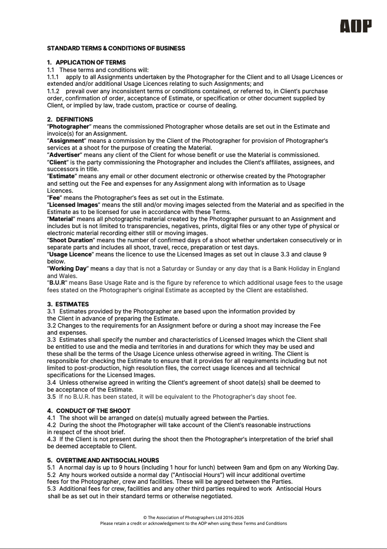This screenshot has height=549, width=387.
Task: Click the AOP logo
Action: pos(356,26)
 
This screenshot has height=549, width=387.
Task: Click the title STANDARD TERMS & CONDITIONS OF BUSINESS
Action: pos(116,48)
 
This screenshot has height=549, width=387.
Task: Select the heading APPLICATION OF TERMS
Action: pos(91,63)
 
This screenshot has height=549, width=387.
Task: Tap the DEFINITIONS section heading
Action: pos(74,119)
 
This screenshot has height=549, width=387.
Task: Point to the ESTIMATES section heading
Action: pos(72,304)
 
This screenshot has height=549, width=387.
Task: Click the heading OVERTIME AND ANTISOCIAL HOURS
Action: pos(107,460)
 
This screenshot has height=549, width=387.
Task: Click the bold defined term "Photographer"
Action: pos(69,127)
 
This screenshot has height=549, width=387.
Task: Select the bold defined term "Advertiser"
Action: pos(64,155)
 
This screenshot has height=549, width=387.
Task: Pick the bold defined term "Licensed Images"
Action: pos(73,205)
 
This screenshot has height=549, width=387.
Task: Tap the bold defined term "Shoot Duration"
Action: pos(71,240)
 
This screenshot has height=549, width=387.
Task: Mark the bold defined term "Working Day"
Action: pos(68,268)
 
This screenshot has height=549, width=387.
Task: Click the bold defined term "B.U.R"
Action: pos(57,283)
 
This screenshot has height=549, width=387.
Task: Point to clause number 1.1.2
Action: pos(53,91)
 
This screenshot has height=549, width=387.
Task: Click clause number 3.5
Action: pos(51,396)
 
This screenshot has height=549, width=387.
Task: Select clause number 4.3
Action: pos(51,439)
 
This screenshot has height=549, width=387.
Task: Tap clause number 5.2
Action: pos(51,475)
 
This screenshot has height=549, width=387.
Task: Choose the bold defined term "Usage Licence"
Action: pos(70,254)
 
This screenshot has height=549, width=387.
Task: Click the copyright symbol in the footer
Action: pos(145,517)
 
